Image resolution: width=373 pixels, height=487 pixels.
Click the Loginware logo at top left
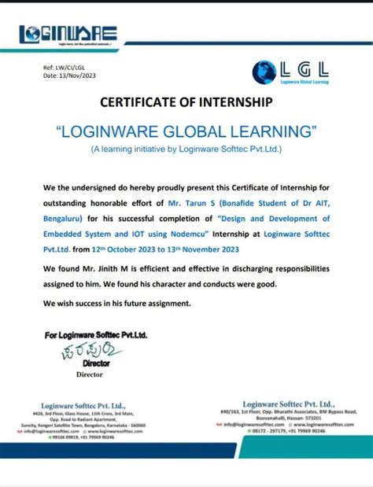tap(69, 34)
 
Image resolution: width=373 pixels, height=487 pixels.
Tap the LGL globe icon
tap(264, 72)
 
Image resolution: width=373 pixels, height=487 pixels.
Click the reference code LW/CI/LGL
tap(68, 68)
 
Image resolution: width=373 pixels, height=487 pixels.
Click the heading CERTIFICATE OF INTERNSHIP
tap(186, 102)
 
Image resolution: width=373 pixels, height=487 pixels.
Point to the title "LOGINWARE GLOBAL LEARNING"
tap(186, 130)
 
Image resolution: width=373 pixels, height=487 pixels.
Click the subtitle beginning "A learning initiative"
tap(186, 148)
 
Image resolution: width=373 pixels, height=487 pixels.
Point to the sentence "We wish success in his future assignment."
tap(117, 303)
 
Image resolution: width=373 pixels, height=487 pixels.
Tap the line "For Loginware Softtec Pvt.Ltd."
tap(96, 335)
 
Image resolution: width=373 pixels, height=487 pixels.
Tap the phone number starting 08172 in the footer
tap(268, 431)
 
